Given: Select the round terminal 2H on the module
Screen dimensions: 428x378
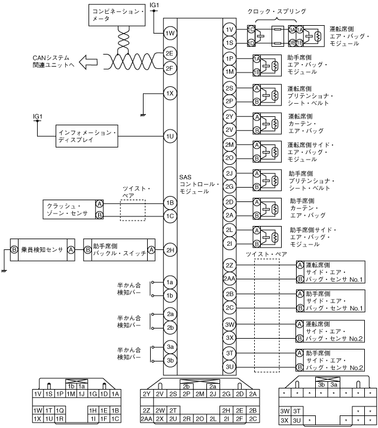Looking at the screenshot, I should pos(170,250).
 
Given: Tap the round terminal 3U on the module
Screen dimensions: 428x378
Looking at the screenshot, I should pos(230,366).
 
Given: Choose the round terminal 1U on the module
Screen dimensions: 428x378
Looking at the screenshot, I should pos(170,137).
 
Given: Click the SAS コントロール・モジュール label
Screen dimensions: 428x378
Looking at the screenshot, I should pos(200,184).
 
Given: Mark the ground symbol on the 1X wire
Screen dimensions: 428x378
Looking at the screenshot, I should pos(142,113).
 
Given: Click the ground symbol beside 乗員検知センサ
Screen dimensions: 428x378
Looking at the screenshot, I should pos(4,270).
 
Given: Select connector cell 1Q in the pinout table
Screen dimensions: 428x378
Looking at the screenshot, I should pos(60,409).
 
